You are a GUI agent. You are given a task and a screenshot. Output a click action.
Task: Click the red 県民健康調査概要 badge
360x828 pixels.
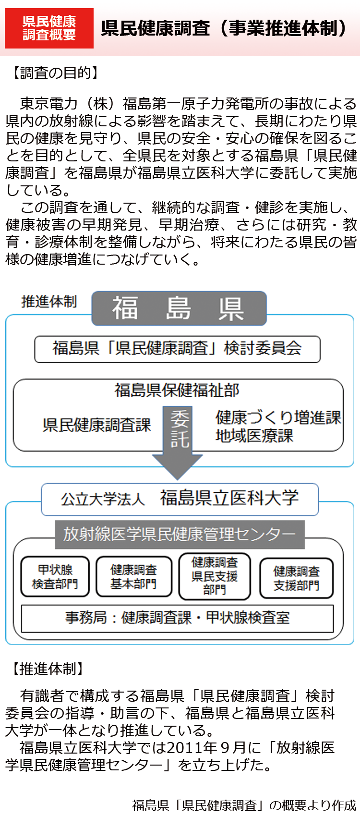click(x=49, y=28)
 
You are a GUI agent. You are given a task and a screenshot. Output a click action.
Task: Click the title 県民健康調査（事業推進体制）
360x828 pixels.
click(x=224, y=28)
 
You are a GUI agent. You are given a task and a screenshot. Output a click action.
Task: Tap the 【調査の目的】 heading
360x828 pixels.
click(x=55, y=73)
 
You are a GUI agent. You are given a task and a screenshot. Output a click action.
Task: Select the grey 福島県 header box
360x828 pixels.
click(x=179, y=308)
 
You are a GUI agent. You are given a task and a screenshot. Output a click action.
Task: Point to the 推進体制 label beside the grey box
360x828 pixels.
click(x=49, y=302)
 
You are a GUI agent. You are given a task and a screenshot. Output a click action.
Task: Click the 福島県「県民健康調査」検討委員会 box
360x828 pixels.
click(x=177, y=349)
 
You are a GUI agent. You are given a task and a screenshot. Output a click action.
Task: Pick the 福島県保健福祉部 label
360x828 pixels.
click(x=177, y=390)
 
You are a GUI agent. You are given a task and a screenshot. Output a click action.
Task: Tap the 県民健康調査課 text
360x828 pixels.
click(x=96, y=425)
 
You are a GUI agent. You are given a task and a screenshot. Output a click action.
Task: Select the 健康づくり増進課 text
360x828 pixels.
click(x=278, y=417)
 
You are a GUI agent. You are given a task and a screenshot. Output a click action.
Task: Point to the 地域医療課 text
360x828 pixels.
click(x=254, y=436)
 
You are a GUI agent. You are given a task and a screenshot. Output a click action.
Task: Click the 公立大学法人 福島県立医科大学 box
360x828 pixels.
click(x=180, y=499)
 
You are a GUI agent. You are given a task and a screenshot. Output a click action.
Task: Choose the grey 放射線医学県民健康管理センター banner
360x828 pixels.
click(x=180, y=534)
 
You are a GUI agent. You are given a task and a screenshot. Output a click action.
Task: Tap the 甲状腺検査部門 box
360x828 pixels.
click(x=55, y=577)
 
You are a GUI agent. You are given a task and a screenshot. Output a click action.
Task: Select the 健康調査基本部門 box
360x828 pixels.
click(x=133, y=577)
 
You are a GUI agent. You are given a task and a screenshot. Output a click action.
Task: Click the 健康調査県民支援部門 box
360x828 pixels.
click(x=215, y=576)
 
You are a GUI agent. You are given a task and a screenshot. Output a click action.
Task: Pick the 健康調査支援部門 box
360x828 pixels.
click(x=296, y=578)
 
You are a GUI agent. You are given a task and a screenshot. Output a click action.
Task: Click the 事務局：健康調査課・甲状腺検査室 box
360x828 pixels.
click(x=177, y=618)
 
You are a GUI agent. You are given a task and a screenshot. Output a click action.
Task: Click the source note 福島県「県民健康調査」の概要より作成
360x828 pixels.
click(x=244, y=805)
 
